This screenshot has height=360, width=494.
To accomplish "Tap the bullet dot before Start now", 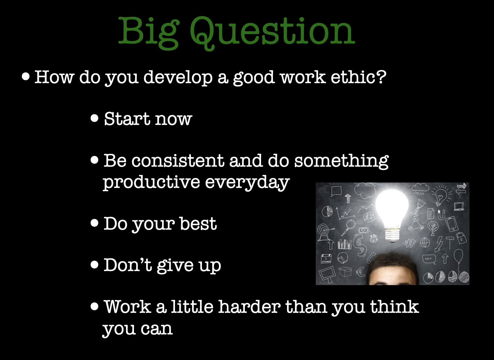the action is pos(94,118).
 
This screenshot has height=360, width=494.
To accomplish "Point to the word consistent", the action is pos(178,161).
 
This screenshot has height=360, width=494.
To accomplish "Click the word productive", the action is pos(151,182).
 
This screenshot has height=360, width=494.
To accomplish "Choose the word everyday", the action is pos(247,183).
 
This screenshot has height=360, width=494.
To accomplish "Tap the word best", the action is pos(198,224).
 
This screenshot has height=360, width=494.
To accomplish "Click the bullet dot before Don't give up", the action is pos(94,265).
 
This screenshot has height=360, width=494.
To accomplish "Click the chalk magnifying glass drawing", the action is pos(349,228).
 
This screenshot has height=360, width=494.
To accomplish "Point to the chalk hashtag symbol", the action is pos(410,243).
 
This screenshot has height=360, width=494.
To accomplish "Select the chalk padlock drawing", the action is pos(461,238).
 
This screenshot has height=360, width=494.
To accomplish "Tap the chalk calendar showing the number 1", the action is pos(326,259).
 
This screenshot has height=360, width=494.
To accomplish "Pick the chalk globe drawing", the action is pos(425,243).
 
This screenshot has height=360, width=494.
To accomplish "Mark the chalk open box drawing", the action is pos(345,271).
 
